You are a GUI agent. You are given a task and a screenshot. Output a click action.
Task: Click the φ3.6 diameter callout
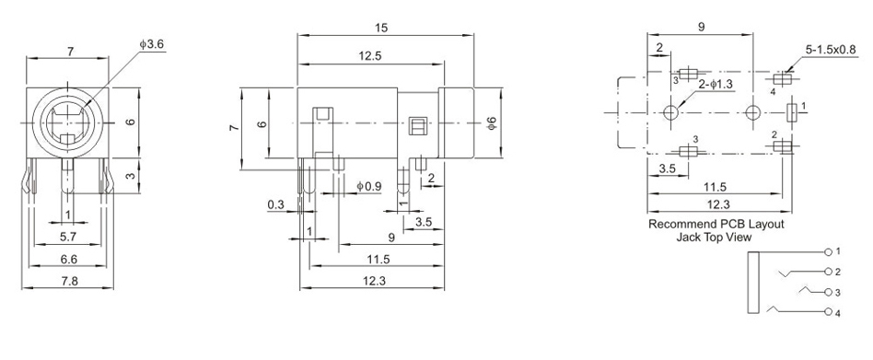[x=151, y=44]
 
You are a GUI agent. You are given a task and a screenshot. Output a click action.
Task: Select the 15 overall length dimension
[x=381, y=28]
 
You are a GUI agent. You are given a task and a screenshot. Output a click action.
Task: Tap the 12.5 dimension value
[x=370, y=55]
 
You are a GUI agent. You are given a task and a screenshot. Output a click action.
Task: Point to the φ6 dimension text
[x=491, y=123]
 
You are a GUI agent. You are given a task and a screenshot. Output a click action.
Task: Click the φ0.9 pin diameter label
[x=368, y=186]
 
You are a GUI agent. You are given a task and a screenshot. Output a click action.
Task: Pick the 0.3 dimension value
[x=275, y=204]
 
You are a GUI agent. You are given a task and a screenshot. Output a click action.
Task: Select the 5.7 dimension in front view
[x=68, y=237]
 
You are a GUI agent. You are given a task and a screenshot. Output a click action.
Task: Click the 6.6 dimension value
[x=68, y=259]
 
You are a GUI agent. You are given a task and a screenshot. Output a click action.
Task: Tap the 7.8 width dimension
[x=69, y=281]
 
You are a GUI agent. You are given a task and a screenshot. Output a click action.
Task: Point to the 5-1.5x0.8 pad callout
[x=830, y=50]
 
